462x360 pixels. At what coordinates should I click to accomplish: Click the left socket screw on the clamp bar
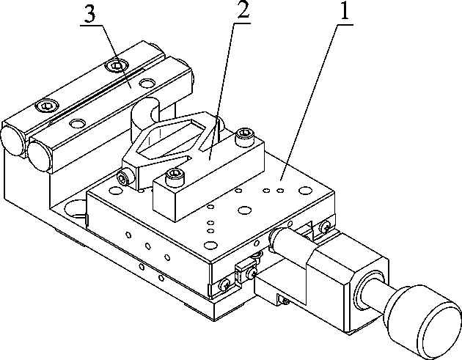coord(174,175)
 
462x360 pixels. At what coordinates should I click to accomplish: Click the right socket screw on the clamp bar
coord(243,135)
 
